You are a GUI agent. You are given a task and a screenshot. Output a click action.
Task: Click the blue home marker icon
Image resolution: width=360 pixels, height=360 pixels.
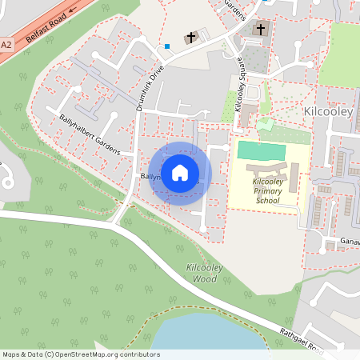click(180, 172)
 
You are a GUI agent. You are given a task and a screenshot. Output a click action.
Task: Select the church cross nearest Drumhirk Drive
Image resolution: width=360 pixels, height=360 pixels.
click(192, 37)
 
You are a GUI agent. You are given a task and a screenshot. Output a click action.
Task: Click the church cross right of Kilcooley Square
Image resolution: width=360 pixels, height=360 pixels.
click(259, 30)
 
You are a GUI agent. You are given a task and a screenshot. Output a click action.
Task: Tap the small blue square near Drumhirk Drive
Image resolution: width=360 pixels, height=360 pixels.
click(167, 46)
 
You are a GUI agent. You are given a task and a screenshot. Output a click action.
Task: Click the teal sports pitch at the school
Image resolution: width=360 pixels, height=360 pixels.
click(261, 150)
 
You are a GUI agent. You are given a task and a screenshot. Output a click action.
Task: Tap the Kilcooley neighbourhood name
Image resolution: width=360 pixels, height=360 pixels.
click(329, 111)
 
